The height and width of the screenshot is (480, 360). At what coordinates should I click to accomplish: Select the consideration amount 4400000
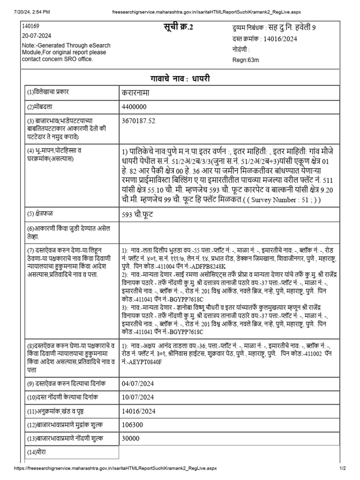tap(135, 107)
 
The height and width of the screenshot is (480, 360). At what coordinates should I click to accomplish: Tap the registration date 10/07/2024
tap(137, 398)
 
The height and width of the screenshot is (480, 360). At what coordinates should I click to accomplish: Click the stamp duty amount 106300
tap(133, 425)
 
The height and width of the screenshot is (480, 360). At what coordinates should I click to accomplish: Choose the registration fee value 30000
tap(131, 439)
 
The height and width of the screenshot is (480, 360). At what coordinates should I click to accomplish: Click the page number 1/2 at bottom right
tap(342, 468)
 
